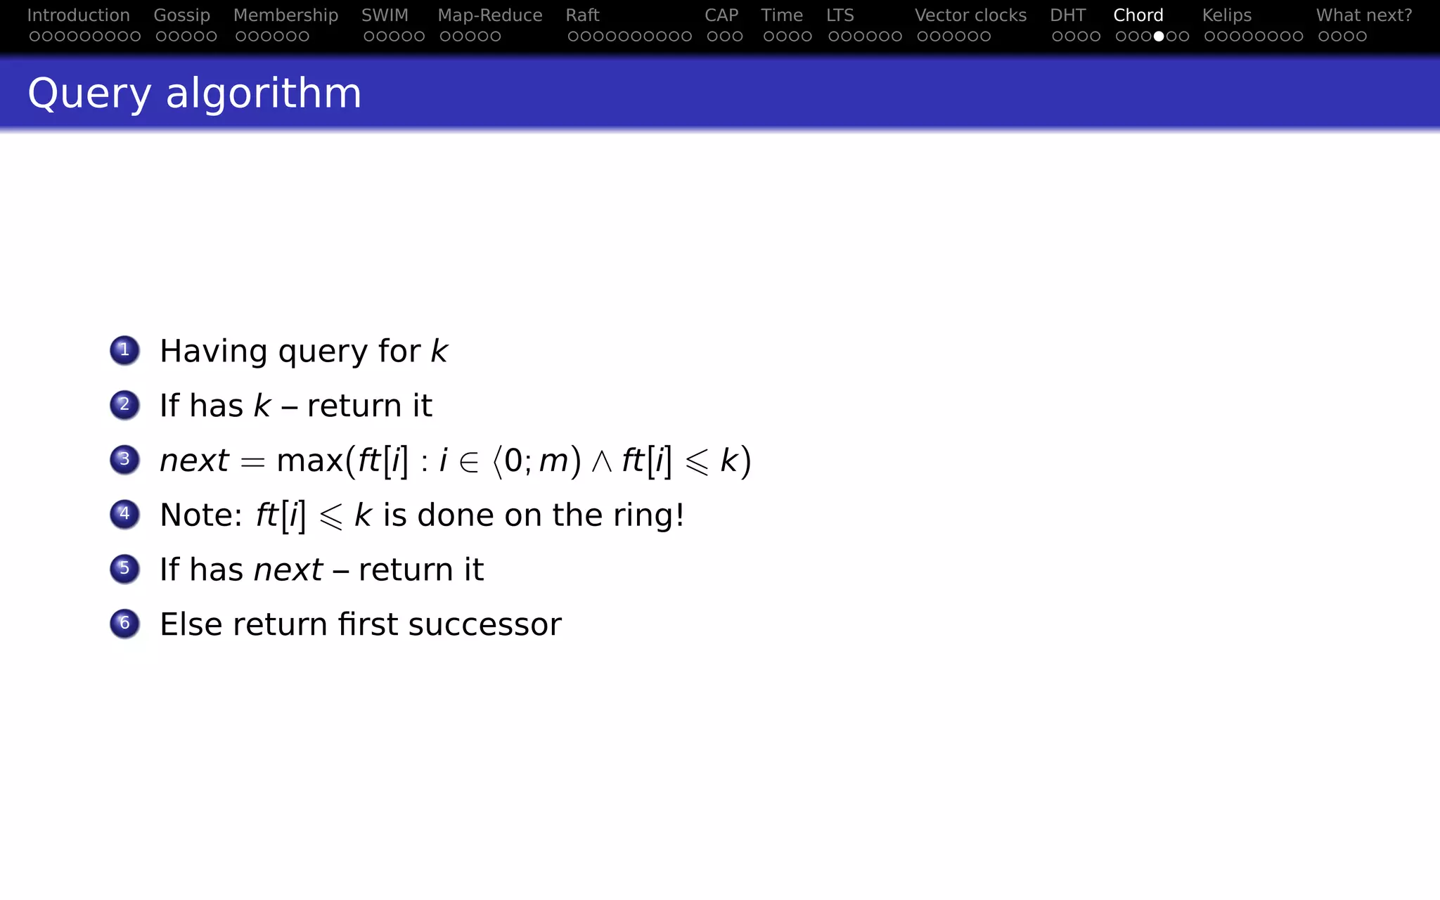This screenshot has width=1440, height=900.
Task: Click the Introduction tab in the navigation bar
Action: coord(78,15)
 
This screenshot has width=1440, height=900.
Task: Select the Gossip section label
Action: coord(181,15)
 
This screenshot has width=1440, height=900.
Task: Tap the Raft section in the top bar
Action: coord(582,15)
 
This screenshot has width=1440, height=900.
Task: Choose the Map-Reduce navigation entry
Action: coord(489,15)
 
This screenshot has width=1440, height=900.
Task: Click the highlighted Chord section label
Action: coord(1138,15)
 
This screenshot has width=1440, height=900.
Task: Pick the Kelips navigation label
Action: coord(1226,15)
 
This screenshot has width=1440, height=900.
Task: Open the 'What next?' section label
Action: coord(1363,15)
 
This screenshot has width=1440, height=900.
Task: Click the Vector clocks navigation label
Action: coord(970,15)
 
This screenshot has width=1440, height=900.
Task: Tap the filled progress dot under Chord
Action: coord(1158,37)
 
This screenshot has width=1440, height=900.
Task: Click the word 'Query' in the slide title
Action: coord(89,94)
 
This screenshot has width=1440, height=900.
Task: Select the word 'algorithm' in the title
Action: coord(264,94)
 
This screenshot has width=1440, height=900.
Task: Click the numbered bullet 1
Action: coord(124,350)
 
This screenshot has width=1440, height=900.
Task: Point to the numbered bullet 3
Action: coord(124,460)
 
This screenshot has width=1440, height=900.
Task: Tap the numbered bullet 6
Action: coord(124,624)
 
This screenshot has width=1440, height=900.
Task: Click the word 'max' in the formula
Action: coord(309,461)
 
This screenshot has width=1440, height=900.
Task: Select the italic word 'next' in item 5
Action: coord(288,570)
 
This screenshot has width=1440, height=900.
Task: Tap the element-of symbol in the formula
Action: coord(468,462)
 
